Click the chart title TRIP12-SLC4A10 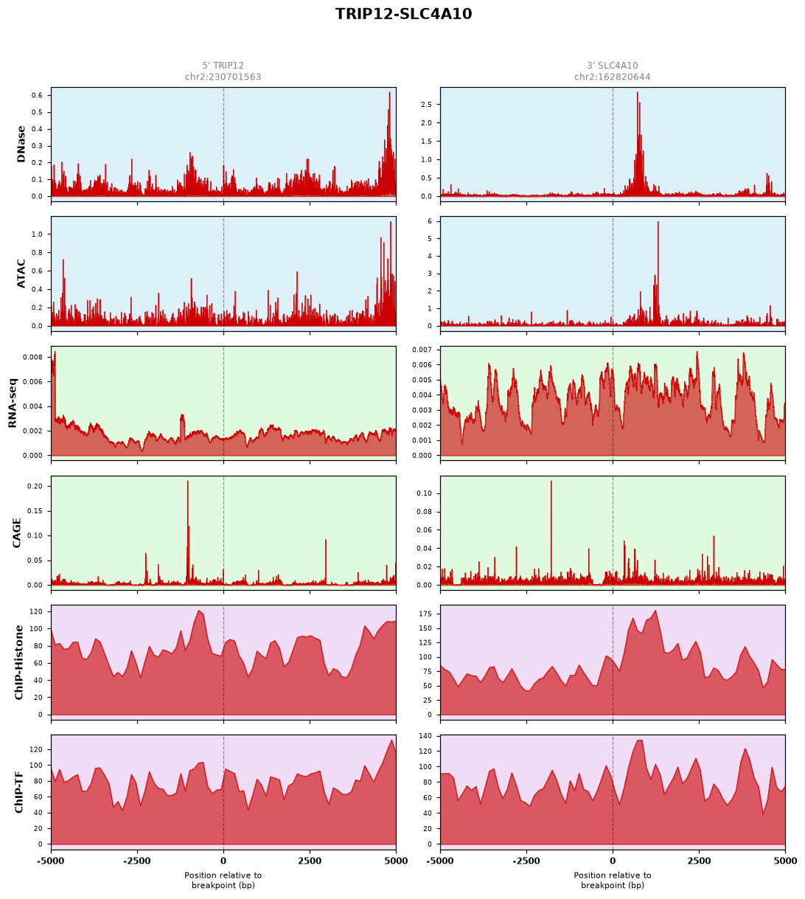point(403,14)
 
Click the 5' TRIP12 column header point(223,66)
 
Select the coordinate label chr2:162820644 point(612,77)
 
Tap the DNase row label point(21,145)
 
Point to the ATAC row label point(21,274)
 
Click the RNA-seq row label point(12,403)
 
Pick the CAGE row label point(16,533)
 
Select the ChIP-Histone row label point(18,662)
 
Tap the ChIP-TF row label point(18,792)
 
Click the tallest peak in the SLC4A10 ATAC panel point(658,222)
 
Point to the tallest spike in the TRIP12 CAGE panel point(187,482)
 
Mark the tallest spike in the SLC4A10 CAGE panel point(551,482)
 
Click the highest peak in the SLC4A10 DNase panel point(638,93)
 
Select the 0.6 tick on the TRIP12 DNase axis point(37,95)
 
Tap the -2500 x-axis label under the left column point(137,861)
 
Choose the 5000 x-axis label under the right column point(785,861)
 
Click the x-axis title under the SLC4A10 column point(612,881)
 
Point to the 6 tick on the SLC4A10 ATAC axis point(429,221)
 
